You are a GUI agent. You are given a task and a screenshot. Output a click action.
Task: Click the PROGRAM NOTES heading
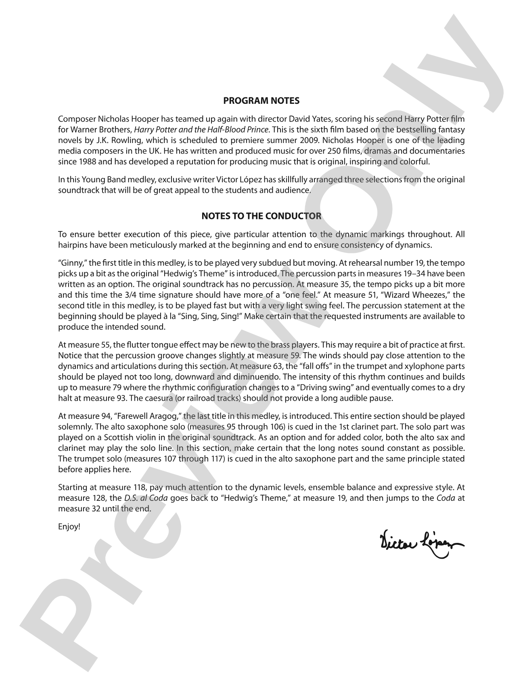pyautogui.click(x=261, y=101)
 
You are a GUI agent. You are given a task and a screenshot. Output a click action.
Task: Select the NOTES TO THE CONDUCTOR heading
pyautogui.click(x=261, y=216)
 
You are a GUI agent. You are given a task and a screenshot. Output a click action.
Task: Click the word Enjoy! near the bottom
pyautogui.click(x=69, y=527)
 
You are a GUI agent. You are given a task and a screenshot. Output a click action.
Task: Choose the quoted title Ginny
pyautogui.click(x=69, y=263)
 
